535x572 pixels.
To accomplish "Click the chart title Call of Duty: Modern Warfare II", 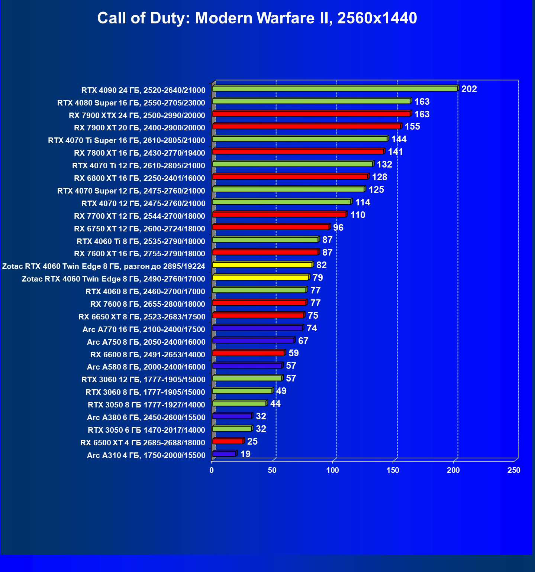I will click(257, 18).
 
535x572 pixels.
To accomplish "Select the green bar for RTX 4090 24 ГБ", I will click(335, 88).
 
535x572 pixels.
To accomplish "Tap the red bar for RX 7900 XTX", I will click(311, 114).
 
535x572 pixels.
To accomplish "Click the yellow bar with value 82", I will click(262, 265).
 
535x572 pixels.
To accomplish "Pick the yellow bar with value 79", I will click(260, 277).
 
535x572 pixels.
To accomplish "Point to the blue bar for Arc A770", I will click(257, 328).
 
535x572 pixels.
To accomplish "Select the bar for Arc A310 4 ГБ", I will click(224, 454).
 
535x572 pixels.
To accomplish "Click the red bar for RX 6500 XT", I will click(228, 441).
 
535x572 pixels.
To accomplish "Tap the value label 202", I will click(469, 89).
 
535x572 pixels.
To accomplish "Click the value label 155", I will click(412, 127).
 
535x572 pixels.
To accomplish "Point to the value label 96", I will click(338, 227).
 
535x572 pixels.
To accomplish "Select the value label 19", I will click(245, 454).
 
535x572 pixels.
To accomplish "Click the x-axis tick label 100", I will click(332, 470).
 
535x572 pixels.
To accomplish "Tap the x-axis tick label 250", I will click(514, 470).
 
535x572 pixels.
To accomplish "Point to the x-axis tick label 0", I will click(212, 470).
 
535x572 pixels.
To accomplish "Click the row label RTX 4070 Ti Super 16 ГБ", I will click(126, 140).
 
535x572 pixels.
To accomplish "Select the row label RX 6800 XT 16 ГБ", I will click(139, 178).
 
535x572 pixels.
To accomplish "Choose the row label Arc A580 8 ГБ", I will click(146, 367).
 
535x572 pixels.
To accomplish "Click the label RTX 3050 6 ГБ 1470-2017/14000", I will click(146, 430).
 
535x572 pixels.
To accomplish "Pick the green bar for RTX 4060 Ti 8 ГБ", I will click(265, 240).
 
